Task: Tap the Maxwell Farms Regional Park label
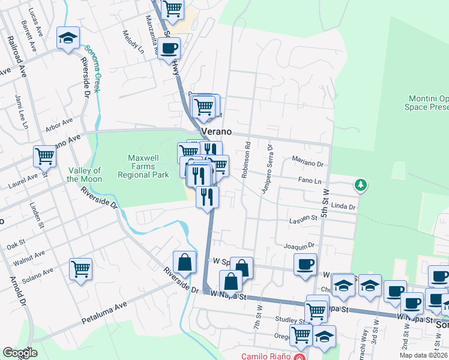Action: [x=143, y=166]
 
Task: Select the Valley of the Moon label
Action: [x=85, y=175]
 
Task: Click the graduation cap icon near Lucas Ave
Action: [x=68, y=38]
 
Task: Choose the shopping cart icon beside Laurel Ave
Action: [x=45, y=157]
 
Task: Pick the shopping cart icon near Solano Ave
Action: [x=80, y=269]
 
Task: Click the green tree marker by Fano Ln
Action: [x=360, y=184]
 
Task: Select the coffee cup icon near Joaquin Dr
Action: [x=305, y=264]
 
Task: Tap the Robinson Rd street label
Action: [x=245, y=161]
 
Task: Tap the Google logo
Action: [x=20, y=352]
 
